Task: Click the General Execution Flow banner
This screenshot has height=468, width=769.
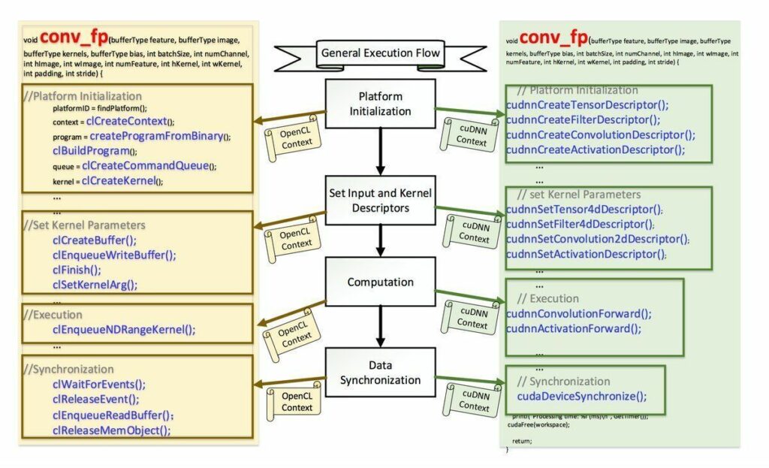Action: point(380,53)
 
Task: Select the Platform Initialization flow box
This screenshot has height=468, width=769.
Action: point(380,104)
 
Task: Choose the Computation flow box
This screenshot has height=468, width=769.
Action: point(380,282)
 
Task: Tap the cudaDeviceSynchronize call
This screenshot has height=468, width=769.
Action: point(581,397)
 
